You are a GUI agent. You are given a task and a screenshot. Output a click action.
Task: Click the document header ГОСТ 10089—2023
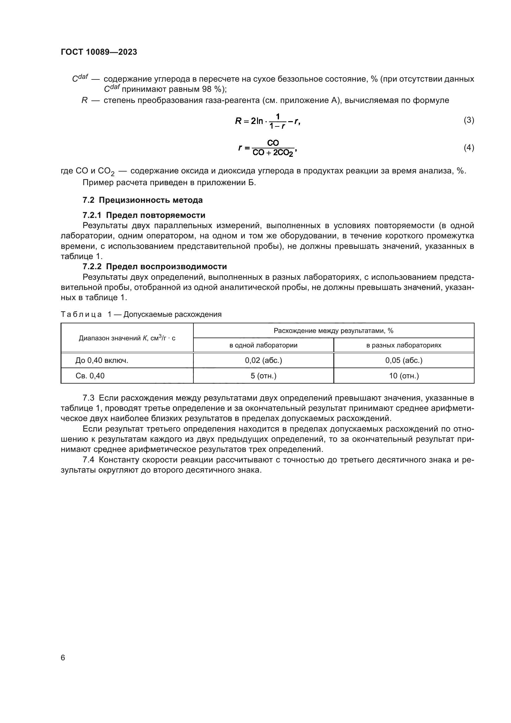click(x=99, y=52)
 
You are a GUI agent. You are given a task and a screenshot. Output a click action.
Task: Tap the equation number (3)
click(x=469, y=120)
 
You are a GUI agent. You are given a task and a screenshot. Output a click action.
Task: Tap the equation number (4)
click(x=469, y=147)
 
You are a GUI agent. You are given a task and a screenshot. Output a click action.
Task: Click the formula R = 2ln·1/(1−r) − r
click(x=268, y=121)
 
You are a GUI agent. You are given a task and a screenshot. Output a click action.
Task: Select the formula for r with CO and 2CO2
click(x=268, y=148)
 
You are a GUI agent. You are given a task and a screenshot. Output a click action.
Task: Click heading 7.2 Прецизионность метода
click(x=142, y=200)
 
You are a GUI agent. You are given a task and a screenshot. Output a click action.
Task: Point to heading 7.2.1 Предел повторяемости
click(x=144, y=215)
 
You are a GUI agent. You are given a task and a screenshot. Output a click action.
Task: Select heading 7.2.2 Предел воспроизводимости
click(x=154, y=266)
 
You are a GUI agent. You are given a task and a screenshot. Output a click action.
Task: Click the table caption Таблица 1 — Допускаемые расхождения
click(x=141, y=314)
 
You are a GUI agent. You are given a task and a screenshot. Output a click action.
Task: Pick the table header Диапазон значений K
click(x=127, y=338)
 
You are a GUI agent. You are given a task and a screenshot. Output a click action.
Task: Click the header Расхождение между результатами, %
click(x=333, y=331)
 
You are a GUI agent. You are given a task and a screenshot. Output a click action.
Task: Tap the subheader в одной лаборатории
click(x=263, y=345)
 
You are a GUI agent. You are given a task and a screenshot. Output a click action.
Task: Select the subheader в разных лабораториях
click(x=403, y=345)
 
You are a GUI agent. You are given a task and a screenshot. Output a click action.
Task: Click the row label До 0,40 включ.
click(x=102, y=360)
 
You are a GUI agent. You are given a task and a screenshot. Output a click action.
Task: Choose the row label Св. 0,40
click(x=90, y=376)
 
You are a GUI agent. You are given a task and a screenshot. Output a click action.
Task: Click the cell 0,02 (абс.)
click(x=263, y=360)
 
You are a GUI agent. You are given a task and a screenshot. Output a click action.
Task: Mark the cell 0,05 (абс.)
click(x=404, y=360)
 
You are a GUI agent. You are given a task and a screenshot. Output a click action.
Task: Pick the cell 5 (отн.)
click(x=263, y=376)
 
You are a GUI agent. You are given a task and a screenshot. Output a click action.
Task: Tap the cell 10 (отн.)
click(x=404, y=376)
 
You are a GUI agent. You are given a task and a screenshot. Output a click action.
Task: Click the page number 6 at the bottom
click(x=63, y=657)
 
